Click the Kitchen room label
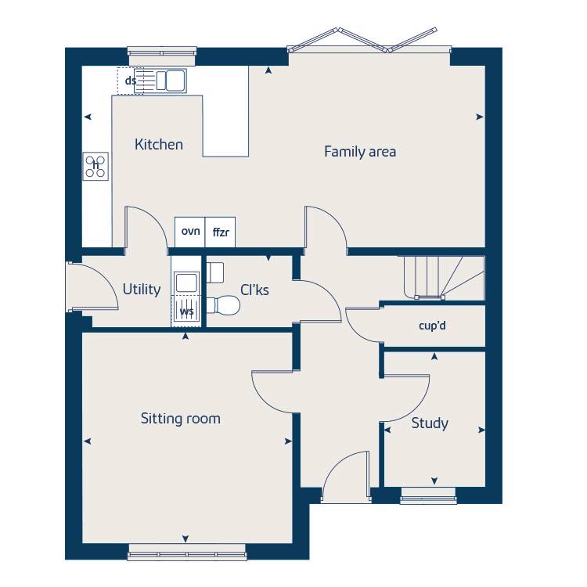(x=159, y=145)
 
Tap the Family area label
(x=360, y=152)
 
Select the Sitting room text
(x=181, y=419)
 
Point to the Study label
(x=430, y=423)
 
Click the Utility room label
(x=142, y=290)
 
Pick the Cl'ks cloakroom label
(x=255, y=290)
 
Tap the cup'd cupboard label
(x=432, y=325)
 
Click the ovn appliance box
(x=190, y=232)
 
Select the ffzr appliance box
(x=220, y=232)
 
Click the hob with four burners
(x=96, y=165)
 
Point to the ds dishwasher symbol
(x=130, y=81)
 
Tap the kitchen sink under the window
(x=171, y=80)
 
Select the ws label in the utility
(x=187, y=312)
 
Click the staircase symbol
(x=443, y=278)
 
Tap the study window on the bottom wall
(x=428, y=495)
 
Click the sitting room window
(x=186, y=556)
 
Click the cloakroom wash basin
(x=215, y=271)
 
